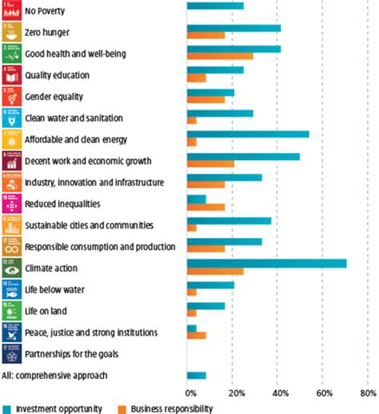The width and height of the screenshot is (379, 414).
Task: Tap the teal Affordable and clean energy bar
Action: (248, 134)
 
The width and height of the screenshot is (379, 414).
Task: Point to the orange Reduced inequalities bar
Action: (205, 206)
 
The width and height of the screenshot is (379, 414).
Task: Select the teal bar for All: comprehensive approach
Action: (196, 375)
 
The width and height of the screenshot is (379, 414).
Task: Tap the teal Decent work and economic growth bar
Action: (243, 156)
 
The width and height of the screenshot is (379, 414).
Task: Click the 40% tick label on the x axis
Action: (281, 392)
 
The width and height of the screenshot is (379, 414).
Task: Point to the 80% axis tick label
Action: (369, 392)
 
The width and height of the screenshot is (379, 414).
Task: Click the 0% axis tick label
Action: (191, 392)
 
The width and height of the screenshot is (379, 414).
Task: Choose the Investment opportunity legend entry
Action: (58, 408)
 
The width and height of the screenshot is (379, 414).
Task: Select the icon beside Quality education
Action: (10, 76)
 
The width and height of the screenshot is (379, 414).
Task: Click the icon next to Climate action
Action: (10, 268)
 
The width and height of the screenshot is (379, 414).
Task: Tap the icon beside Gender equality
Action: (10, 97)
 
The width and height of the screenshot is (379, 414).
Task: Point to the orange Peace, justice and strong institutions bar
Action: (196, 335)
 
